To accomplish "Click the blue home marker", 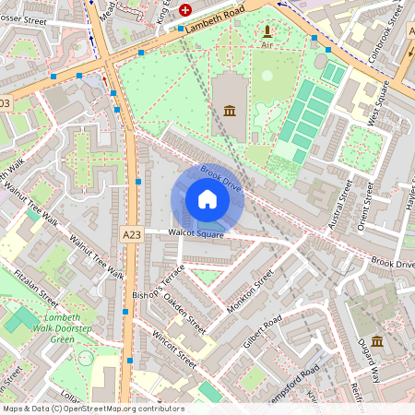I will tap(207, 199).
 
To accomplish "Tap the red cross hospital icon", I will tap(185, 10).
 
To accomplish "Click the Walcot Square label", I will tap(196, 234).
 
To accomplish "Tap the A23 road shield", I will tap(131, 235).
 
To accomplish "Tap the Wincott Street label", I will tap(174, 346).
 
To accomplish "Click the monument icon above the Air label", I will tap(267, 30).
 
